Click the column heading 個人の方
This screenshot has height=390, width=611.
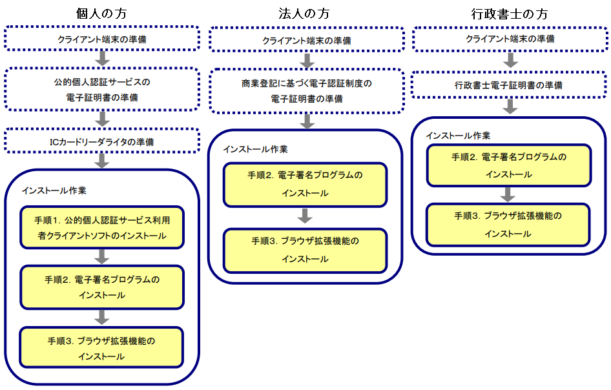pos(101,14)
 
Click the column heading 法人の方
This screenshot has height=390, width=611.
pos(304,14)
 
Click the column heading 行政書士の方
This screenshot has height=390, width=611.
pos(510,14)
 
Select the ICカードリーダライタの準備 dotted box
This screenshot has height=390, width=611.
pos(102,141)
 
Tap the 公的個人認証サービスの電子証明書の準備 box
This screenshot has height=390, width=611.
pos(102,89)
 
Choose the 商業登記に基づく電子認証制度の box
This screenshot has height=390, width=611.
pos(307,91)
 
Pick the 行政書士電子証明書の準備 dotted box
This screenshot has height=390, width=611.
pos(510,85)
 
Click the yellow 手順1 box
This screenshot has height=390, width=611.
pos(102,227)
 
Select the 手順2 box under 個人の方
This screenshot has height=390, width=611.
pos(102,287)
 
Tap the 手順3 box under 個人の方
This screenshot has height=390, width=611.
pos(101,347)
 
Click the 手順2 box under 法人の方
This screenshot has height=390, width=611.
pos(305,185)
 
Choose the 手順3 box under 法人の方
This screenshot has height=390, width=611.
pos(305,250)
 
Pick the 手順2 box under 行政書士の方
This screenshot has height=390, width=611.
pos(509,165)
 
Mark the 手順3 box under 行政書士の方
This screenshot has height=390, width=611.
pos(508,225)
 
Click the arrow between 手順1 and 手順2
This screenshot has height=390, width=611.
pos(101,257)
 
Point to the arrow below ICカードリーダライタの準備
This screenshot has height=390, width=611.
pos(101,161)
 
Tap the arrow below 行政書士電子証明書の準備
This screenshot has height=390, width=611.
pos(510,107)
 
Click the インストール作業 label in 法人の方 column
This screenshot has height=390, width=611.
pos(255,149)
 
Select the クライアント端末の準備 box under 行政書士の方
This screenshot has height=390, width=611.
pos(510,39)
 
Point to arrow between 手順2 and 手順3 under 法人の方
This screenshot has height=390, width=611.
pos(305,216)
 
